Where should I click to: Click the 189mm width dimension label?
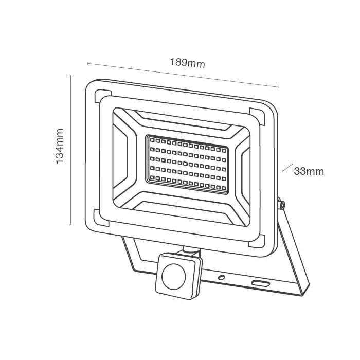(x=187, y=63)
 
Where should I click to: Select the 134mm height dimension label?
(x=60, y=146)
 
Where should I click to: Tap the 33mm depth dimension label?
(x=309, y=171)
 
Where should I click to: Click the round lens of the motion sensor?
(x=174, y=276)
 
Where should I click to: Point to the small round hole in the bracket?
(x=221, y=277)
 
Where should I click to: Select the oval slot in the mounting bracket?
(x=260, y=283)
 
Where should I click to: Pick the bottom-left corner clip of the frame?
(x=100, y=218)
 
